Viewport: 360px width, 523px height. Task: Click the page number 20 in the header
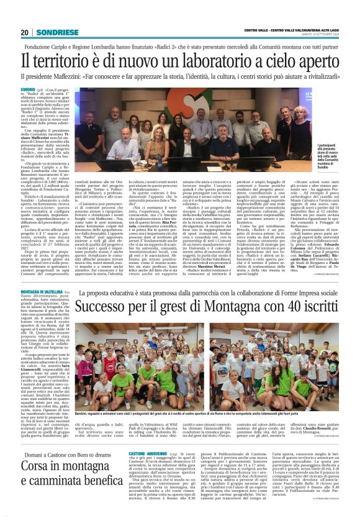[x=25, y=32]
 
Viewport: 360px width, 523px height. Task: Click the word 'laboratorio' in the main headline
[x=207, y=61]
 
